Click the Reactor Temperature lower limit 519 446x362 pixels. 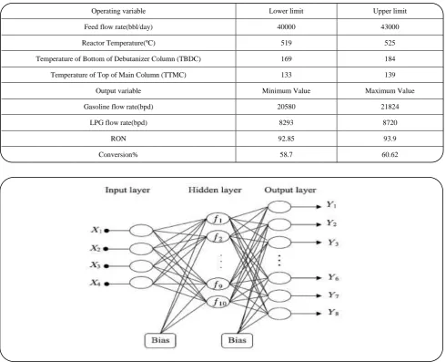(286, 43)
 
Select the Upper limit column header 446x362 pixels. (390, 11)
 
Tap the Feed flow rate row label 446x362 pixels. (118, 27)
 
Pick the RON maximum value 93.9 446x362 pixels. (390, 139)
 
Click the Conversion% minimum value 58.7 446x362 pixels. (286, 154)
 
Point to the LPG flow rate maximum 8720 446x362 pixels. (390, 122)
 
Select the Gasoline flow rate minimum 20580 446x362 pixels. (286, 107)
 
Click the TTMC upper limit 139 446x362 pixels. (390, 75)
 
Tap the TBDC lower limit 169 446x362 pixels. (286, 58)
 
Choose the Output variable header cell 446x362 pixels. (118, 91)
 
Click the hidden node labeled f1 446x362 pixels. (218, 219)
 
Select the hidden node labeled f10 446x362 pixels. (218, 302)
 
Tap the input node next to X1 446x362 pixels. (141, 231)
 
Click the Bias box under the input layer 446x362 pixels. (160, 340)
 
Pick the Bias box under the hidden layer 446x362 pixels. (237, 340)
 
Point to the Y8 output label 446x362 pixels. (333, 313)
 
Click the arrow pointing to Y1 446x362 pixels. (306, 207)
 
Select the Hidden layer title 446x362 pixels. (215, 191)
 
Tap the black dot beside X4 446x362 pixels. (106, 284)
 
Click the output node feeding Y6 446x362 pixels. (279, 278)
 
